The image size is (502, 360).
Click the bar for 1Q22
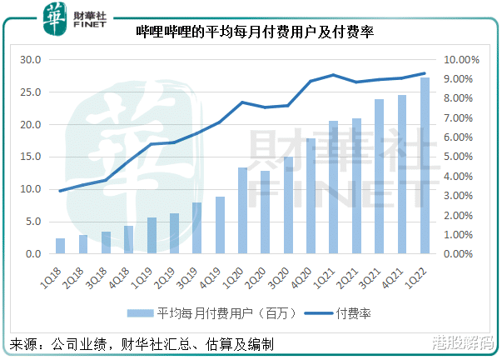[424, 166]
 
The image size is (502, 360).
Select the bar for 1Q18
[61, 246]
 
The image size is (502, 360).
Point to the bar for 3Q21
[379, 177]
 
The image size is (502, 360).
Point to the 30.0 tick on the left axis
[31, 60]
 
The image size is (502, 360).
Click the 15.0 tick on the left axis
[31, 157]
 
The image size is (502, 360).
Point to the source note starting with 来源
[142, 343]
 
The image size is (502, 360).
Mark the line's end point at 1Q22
[424, 73]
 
